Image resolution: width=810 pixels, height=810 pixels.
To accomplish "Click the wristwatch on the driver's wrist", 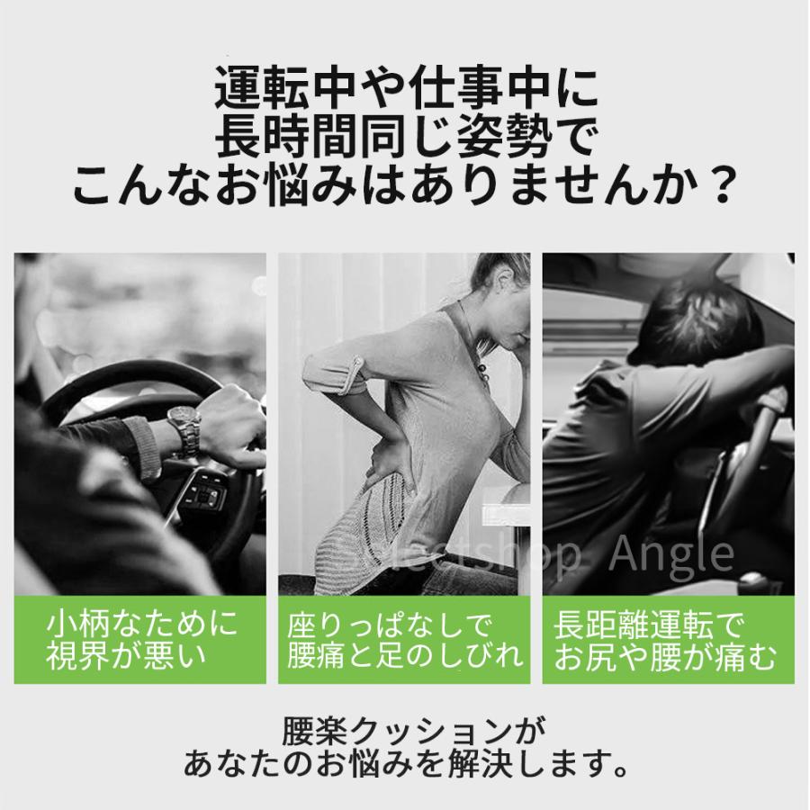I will pos(185,431).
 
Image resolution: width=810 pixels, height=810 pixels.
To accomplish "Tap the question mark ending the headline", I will pos(716,187).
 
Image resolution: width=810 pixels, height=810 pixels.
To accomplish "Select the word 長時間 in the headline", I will pos(278,139).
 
